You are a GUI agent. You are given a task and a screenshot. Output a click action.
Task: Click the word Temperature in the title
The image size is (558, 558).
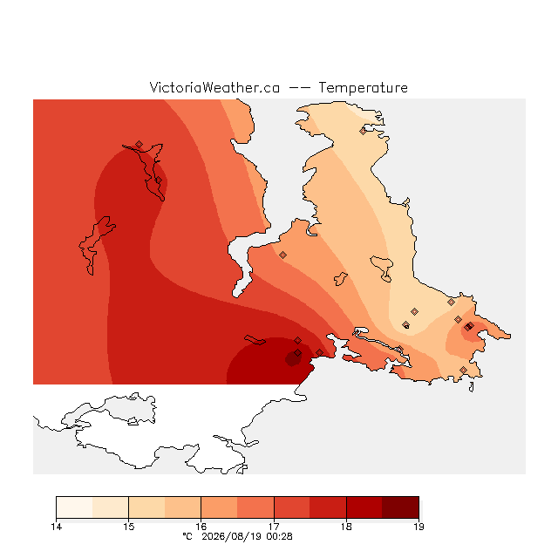coord(363,87)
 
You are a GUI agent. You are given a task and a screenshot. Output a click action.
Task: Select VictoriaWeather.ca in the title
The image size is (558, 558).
coord(214,87)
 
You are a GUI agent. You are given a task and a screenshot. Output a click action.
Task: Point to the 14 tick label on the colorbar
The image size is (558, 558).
coord(56,527)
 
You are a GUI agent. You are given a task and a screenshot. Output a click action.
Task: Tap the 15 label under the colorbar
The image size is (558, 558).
coord(129,527)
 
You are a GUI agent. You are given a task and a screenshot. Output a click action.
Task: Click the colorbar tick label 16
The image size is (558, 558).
coord(201,527)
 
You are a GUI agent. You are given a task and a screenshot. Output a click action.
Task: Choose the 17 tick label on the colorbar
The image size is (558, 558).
coord(274,527)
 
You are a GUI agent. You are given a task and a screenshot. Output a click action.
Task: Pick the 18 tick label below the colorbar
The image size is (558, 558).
coord(346,527)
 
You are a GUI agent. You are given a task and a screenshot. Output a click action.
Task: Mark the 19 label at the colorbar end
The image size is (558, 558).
coord(418,527)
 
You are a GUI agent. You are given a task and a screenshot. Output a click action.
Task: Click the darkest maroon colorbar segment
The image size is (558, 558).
coord(401,507)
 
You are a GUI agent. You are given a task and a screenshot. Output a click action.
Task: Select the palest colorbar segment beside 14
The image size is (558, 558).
coord(74,507)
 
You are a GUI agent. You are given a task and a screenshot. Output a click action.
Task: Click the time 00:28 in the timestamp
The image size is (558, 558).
coord(279,536)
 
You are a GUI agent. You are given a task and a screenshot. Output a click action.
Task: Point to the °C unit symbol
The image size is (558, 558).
coord(187,536)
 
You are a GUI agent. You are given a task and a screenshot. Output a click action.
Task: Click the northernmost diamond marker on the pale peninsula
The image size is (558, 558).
coord(363,132)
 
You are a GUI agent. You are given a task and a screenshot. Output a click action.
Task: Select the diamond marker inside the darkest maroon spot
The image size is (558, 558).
coord(297,353)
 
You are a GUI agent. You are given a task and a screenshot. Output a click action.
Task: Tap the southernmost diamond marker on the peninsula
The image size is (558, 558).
coord(463,370)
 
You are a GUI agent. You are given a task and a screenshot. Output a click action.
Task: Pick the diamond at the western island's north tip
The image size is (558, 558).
coord(139,144)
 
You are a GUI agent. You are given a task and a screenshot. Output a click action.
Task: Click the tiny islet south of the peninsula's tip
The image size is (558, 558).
coord(472,387)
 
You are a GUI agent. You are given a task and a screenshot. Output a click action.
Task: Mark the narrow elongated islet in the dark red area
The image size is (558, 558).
coord(255,340)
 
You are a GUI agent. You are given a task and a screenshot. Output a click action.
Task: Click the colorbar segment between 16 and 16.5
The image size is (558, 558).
coord(219,507)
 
